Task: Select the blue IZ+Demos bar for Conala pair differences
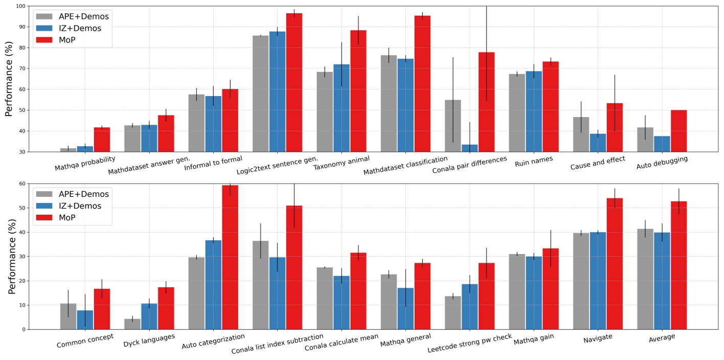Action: click(469, 148)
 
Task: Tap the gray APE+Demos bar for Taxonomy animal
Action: click(325, 112)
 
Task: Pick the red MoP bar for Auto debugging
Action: click(678, 131)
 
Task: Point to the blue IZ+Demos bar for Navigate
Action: click(598, 281)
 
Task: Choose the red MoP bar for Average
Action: click(678, 265)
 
